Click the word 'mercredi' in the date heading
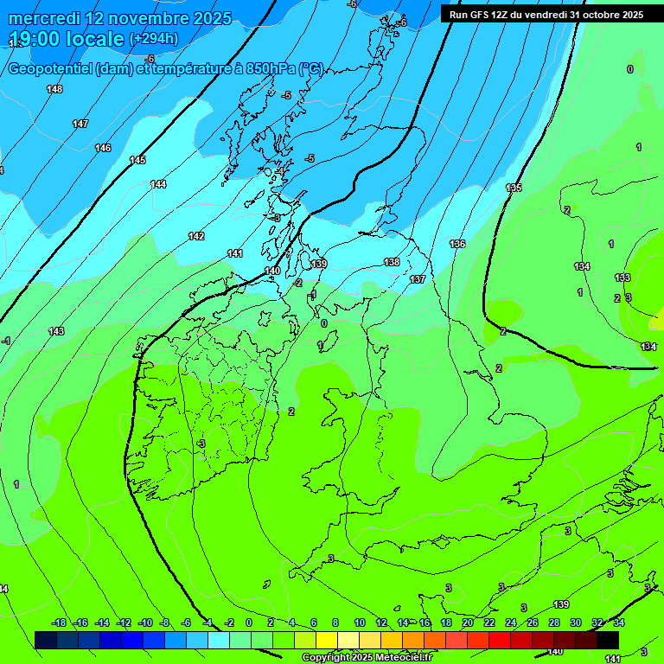(x=44, y=18)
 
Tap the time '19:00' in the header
(x=37, y=39)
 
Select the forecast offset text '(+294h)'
(x=154, y=39)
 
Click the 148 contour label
(x=54, y=90)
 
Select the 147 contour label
(x=80, y=124)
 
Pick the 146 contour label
(x=103, y=149)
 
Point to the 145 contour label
(x=137, y=161)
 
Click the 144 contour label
(x=158, y=184)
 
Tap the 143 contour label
(x=56, y=332)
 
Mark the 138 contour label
(x=392, y=262)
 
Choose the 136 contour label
(x=457, y=245)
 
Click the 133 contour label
(x=622, y=278)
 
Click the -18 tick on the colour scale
(x=59, y=622)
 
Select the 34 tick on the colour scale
(x=619, y=622)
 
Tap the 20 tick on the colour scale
(x=467, y=622)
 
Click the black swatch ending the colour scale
(x=608, y=640)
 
